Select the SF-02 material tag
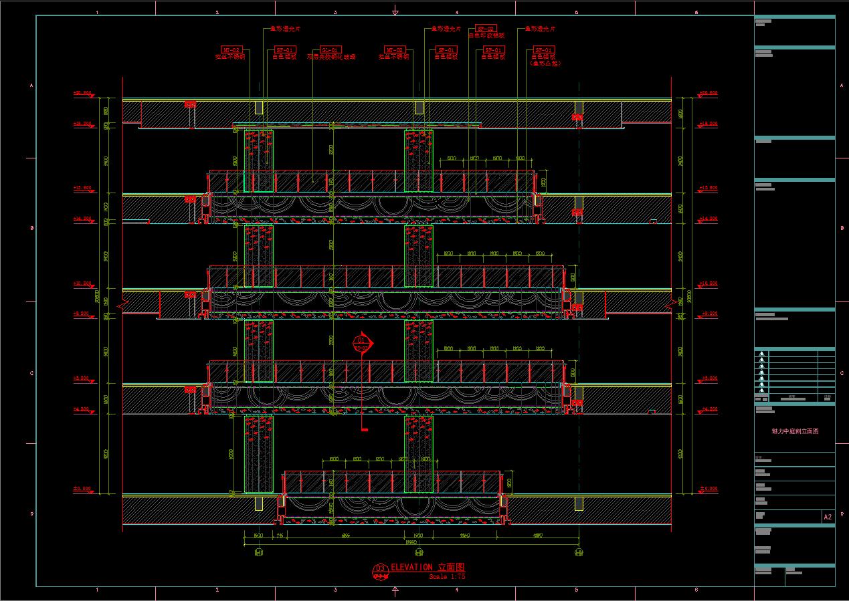(485, 29)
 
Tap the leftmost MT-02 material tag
(231, 50)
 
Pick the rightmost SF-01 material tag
(544, 50)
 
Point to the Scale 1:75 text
(447, 576)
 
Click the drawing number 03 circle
(380, 569)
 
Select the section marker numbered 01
(362, 342)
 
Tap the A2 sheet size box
(828, 517)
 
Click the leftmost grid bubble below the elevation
(259, 553)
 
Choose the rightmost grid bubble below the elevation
(579, 553)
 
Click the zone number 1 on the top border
(98, 12)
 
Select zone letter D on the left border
(31, 513)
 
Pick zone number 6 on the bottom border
(696, 590)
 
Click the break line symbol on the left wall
(123, 305)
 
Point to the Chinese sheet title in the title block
(794, 431)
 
